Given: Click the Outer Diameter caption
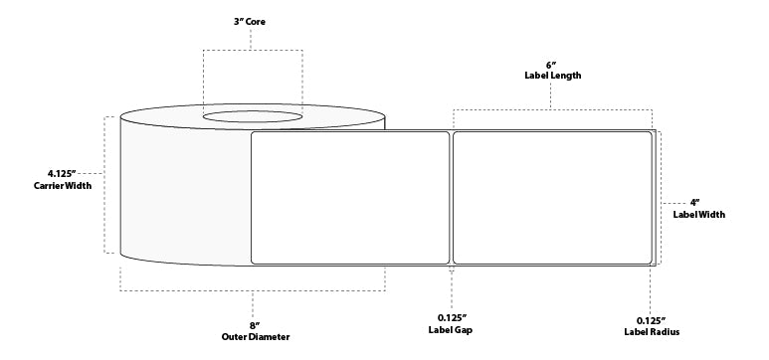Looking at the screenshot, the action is (254, 337).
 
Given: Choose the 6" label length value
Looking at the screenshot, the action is (553, 62).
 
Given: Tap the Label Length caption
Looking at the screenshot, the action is (553, 76).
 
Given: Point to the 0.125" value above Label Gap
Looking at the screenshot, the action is (453, 318).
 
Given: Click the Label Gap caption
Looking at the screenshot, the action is (453, 331).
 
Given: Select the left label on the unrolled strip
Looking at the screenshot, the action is (350, 198).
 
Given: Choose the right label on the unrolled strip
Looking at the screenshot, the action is (552, 198).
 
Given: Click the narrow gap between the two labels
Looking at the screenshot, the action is (452, 198).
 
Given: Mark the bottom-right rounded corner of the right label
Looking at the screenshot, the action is (648, 262).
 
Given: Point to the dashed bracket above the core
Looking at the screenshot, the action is (255, 49).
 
